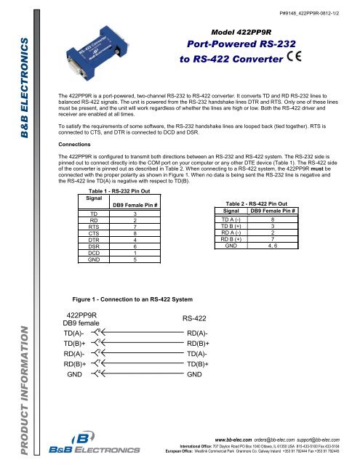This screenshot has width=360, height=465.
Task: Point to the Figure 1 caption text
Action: coord(133,298)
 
